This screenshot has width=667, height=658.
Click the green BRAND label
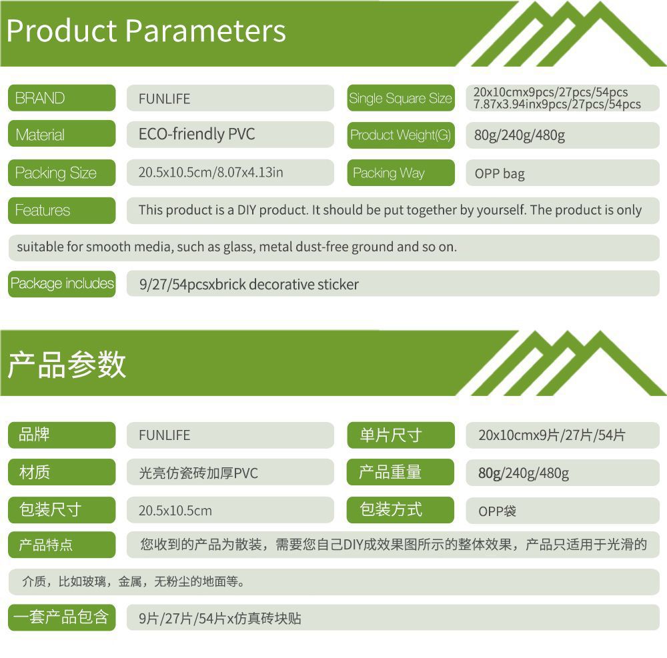[61, 98]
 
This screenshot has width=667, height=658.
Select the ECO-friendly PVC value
[197, 134]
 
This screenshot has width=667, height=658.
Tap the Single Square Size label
[401, 98]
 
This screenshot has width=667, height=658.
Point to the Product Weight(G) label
[401, 135]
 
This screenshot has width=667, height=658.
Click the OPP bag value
[500, 173]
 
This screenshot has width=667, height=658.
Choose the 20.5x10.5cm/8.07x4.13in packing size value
[211, 172]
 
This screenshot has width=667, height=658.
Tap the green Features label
[61, 210]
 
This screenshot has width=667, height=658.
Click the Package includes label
[61, 283]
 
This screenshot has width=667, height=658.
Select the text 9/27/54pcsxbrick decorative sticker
[249, 284]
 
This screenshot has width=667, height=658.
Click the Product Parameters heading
[146, 31]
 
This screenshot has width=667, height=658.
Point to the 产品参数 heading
[67, 364]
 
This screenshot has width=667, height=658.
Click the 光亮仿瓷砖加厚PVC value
[198, 473]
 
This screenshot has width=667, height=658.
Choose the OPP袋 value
[498, 511]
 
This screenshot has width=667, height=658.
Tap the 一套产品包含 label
[61, 617]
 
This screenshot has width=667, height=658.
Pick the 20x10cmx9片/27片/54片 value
[552, 435]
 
